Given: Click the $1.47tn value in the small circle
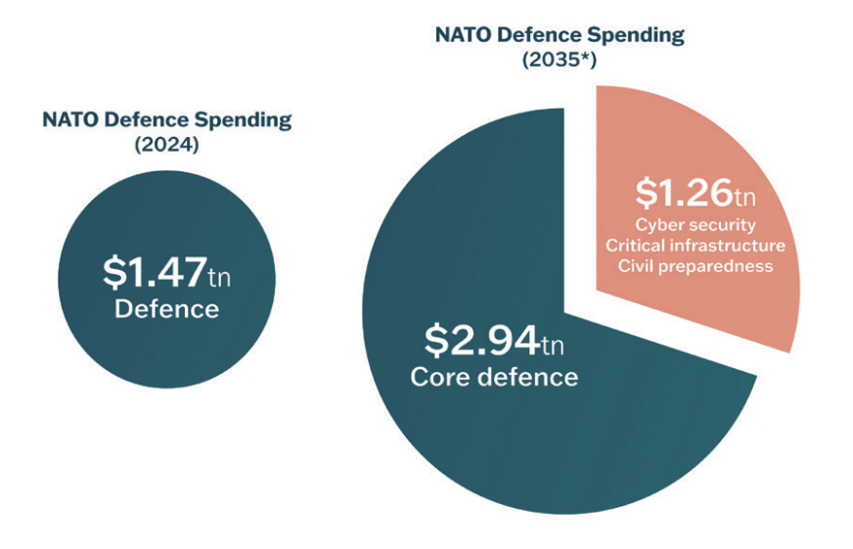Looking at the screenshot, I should (166, 273).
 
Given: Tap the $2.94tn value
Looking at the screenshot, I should (493, 341).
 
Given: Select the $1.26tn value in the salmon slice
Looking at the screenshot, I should (695, 194).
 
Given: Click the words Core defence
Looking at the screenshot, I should (494, 378).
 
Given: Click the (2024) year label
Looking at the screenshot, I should (166, 144).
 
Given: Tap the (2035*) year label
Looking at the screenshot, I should (560, 59).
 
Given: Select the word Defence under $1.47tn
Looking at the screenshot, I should (166, 309).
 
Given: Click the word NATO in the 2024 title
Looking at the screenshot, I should (69, 120).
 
